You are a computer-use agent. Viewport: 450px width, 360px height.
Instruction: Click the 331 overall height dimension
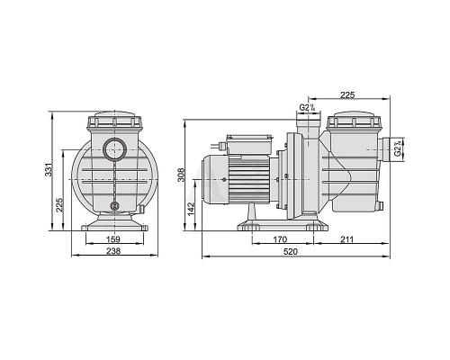[49, 170]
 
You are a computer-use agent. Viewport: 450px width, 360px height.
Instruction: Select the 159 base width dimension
[113, 239]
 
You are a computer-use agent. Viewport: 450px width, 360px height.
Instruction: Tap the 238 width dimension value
[113, 251]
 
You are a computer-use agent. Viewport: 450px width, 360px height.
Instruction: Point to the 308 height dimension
[181, 175]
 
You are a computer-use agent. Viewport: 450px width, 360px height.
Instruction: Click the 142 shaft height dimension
[192, 209]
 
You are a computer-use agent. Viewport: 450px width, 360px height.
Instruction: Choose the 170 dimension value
[280, 239]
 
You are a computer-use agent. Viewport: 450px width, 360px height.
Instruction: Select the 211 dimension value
[346, 239]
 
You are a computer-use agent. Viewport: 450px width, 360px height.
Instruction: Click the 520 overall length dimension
[291, 251]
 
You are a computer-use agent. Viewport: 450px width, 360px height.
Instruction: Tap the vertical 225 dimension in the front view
[59, 204]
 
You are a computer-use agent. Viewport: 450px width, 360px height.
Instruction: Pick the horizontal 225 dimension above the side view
[347, 95]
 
